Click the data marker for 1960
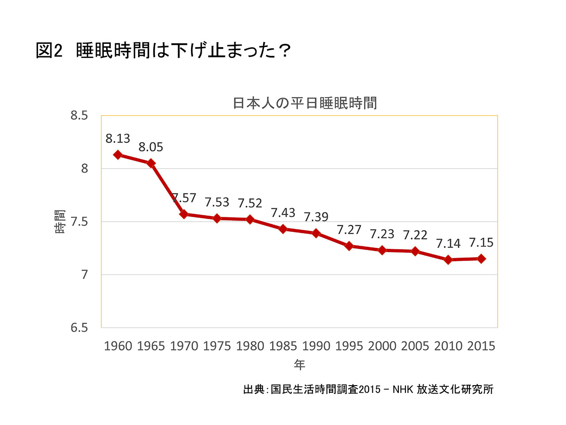click(118, 155)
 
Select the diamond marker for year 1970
click(184, 214)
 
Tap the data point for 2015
click(481, 259)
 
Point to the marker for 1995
click(349, 246)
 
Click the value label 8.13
click(118, 139)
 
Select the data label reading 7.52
click(250, 203)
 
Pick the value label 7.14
click(448, 243)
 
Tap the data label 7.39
click(316, 217)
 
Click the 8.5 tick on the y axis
click(79, 116)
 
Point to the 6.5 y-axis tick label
click(79, 328)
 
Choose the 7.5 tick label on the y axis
click(79, 221)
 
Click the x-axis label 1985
click(283, 346)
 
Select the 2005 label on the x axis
click(415, 346)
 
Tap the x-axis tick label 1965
click(151, 346)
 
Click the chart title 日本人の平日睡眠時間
click(305, 103)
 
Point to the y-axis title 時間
click(60, 222)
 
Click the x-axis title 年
click(299, 365)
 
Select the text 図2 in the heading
click(49, 50)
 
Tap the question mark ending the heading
click(284, 50)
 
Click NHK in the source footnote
click(402, 389)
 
